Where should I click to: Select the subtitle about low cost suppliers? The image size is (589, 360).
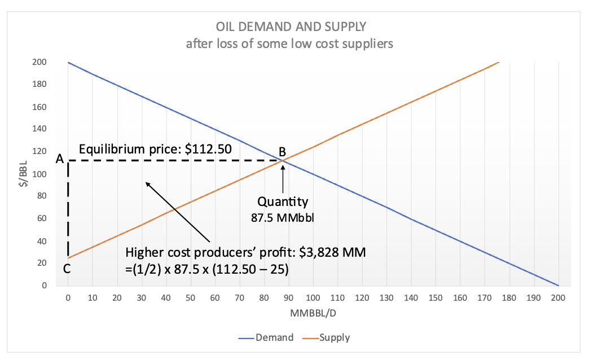(x=289, y=43)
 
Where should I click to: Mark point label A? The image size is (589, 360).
(x=59, y=160)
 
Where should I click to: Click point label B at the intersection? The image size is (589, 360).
(x=282, y=151)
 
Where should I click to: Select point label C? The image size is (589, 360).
(x=67, y=269)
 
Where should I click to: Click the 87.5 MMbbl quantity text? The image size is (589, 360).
(x=282, y=217)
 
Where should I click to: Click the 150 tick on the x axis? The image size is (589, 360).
(x=436, y=297)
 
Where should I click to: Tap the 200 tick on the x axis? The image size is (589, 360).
(x=558, y=297)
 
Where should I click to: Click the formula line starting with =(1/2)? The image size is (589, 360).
(x=207, y=269)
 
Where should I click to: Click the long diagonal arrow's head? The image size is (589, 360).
(x=148, y=183)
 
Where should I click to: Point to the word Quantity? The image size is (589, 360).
(x=283, y=201)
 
